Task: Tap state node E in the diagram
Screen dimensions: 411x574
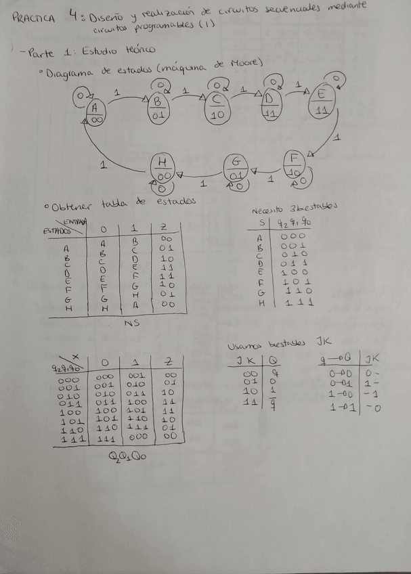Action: pos(322,102)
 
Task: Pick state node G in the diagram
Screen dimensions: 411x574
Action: pos(236,169)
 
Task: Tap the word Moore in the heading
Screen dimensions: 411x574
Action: pos(246,64)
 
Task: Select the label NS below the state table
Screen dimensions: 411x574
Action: pos(133,324)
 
